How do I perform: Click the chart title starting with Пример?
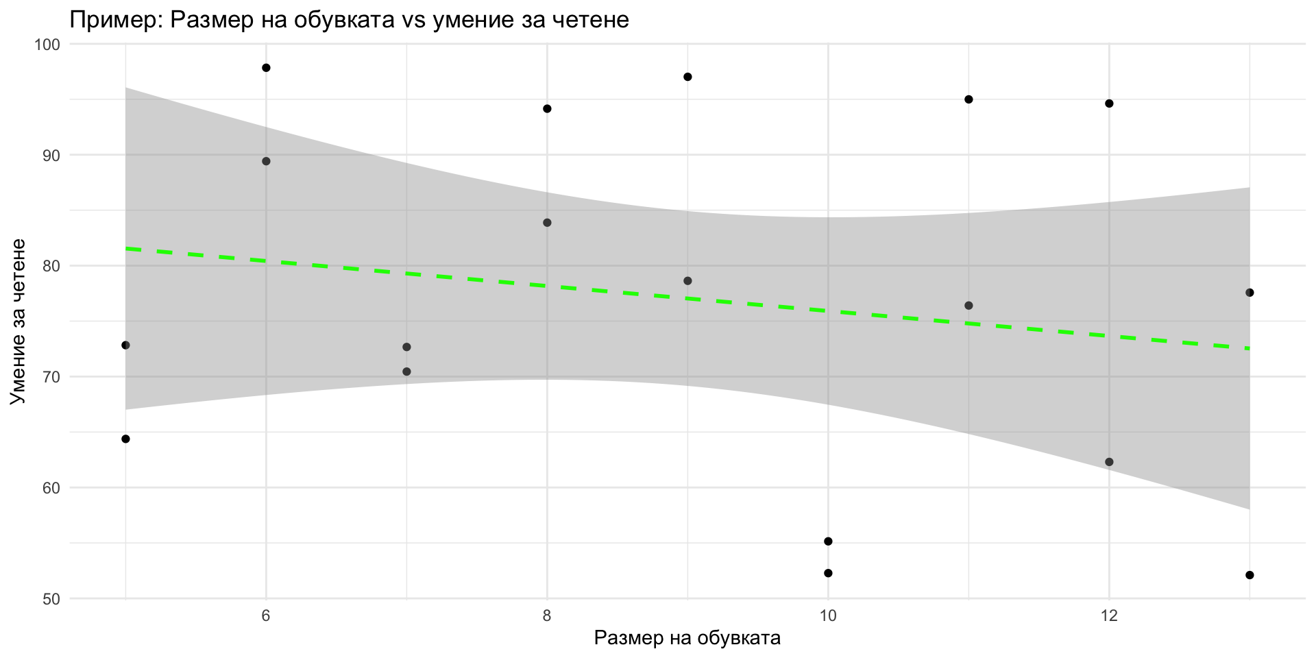pos(349,20)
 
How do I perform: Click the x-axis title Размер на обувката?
pos(687,638)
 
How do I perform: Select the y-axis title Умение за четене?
pos(19,321)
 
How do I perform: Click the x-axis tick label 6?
pos(266,616)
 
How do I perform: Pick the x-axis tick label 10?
pos(828,616)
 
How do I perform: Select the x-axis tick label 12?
pos(1109,616)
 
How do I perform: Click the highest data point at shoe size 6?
pos(266,68)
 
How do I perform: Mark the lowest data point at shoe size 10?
pos(828,573)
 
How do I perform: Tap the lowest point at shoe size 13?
pos(1250,575)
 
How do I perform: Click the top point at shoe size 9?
pos(687,77)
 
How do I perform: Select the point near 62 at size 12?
pos(1109,462)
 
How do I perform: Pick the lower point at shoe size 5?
pos(125,439)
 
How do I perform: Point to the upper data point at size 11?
pos(968,99)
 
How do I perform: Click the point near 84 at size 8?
pos(547,223)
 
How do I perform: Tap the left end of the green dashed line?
pos(127,248)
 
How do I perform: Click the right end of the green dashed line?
pos(1248,348)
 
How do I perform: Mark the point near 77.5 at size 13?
pos(1250,293)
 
